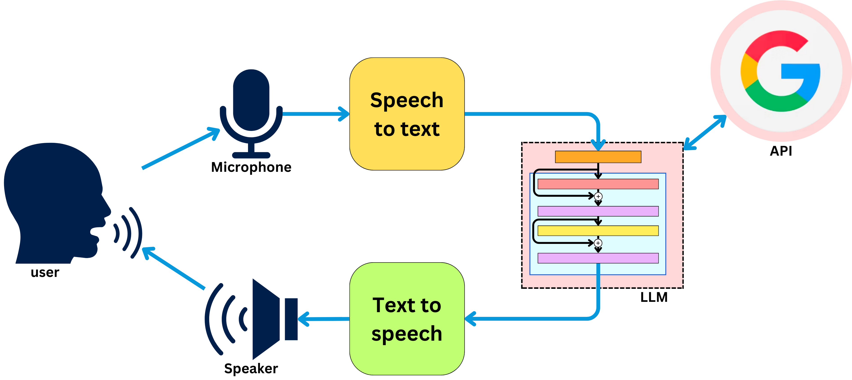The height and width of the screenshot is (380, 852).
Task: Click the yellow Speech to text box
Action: point(407,114)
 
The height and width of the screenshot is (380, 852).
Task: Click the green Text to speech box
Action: point(407,318)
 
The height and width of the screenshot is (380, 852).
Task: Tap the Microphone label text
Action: point(251,167)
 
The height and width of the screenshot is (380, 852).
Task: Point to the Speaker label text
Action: point(251,368)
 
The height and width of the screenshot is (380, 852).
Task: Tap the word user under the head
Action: point(45,272)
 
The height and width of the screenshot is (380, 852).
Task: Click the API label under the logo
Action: point(781,151)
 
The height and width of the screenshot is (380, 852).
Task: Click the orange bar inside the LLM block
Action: point(598,157)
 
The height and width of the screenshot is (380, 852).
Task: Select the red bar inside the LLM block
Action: point(598,184)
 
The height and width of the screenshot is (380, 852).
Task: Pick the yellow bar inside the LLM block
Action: point(598,230)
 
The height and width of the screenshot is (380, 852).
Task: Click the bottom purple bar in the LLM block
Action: point(598,258)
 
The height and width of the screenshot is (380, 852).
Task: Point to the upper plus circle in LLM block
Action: point(598,197)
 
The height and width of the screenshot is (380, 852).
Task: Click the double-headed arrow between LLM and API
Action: point(705,132)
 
